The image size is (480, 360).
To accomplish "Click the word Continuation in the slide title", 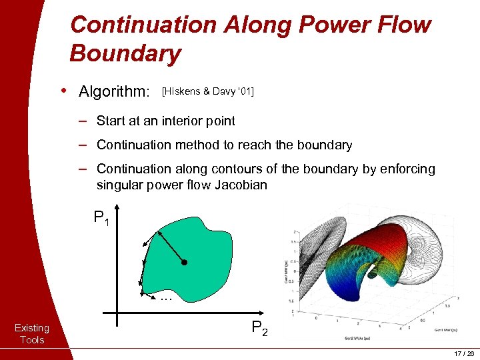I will tap(143, 25).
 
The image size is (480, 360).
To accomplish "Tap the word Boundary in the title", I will tap(125, 53).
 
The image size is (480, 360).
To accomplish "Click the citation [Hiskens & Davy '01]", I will tap(207, 91).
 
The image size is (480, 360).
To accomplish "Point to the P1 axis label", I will tap(101, 218).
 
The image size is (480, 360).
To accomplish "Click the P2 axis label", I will tap(259, 328).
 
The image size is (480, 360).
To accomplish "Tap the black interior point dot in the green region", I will tap(185, 263).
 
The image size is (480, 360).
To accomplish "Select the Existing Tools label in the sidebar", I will tap(32, 333).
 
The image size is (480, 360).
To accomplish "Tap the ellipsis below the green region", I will tap(166, 299).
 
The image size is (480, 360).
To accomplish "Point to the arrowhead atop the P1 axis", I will tap(117, 207).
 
